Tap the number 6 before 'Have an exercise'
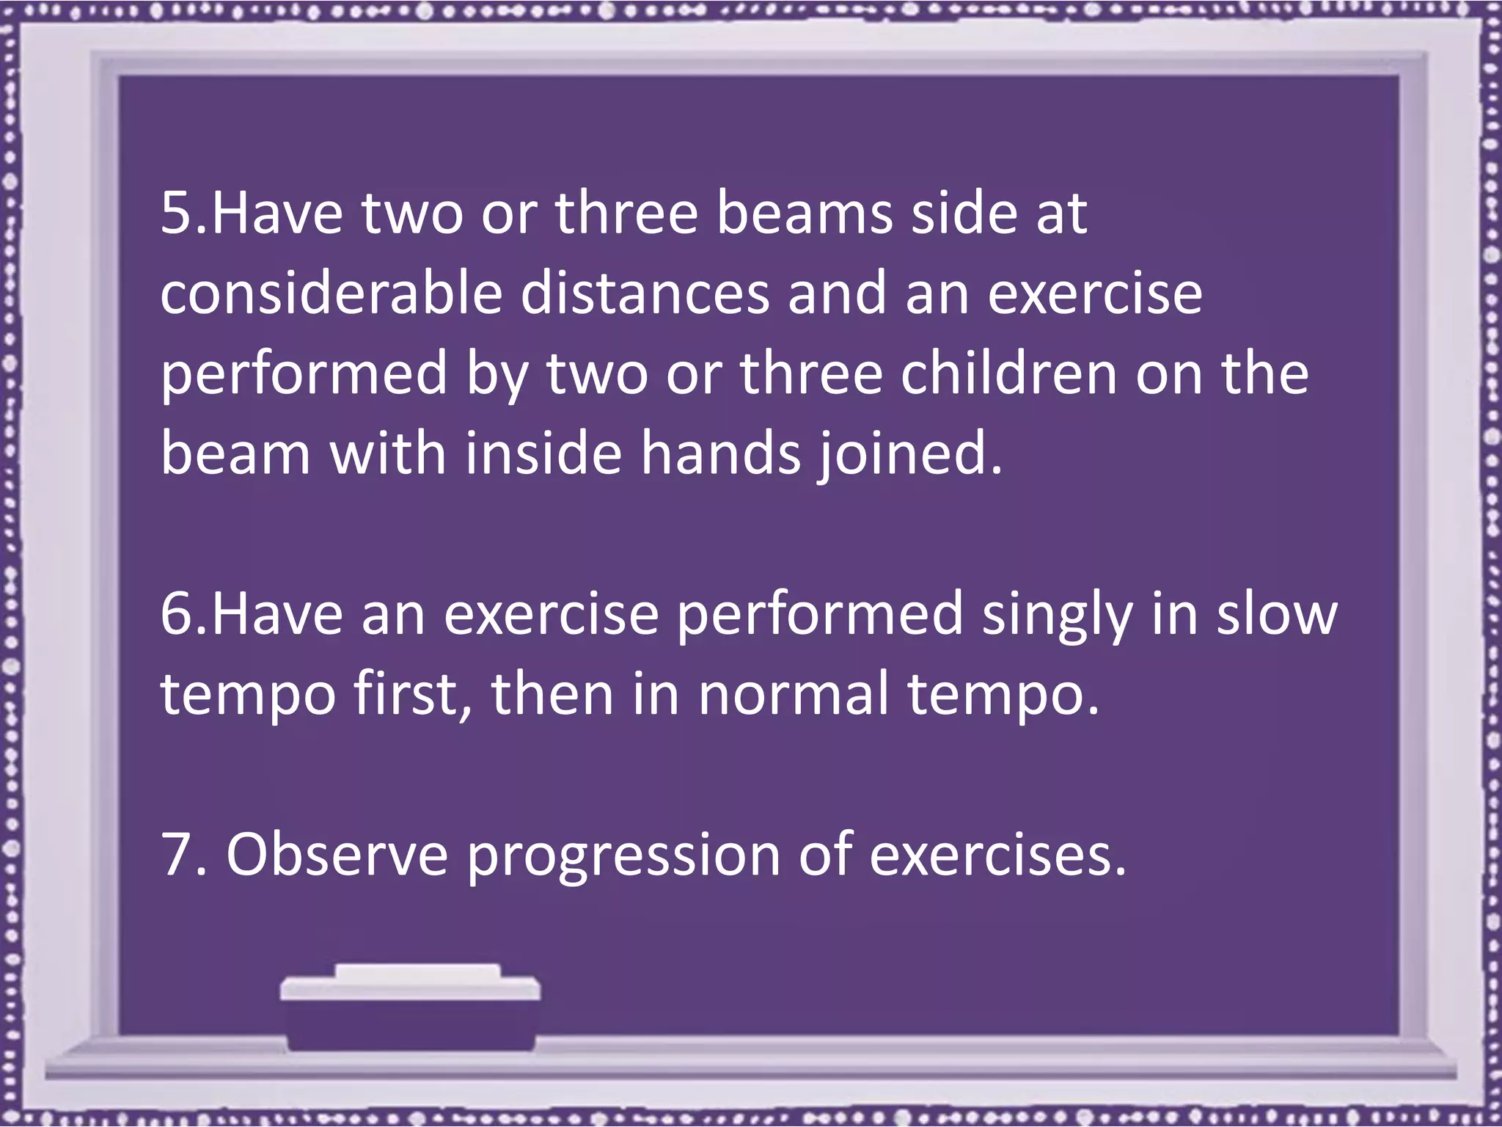175,614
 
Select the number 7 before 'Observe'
175,855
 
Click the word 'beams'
805,214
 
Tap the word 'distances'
646,293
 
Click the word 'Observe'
337,855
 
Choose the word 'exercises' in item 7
997,855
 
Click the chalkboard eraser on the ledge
411,1005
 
